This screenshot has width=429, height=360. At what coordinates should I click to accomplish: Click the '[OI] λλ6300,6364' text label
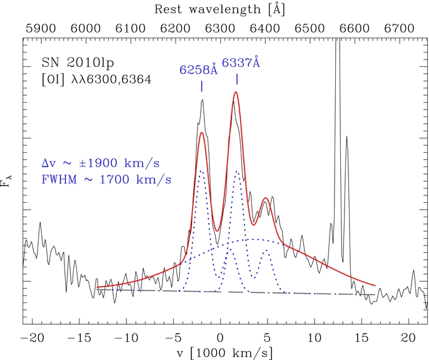coord(96,80)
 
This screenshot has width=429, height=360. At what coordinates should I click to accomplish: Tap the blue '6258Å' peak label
coord(199,70)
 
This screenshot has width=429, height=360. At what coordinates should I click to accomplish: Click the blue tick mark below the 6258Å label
coord(201,86)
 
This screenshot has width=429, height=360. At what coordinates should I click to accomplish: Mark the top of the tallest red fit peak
coord(236,92)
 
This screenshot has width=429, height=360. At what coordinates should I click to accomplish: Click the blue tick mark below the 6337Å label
coord(237,78)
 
